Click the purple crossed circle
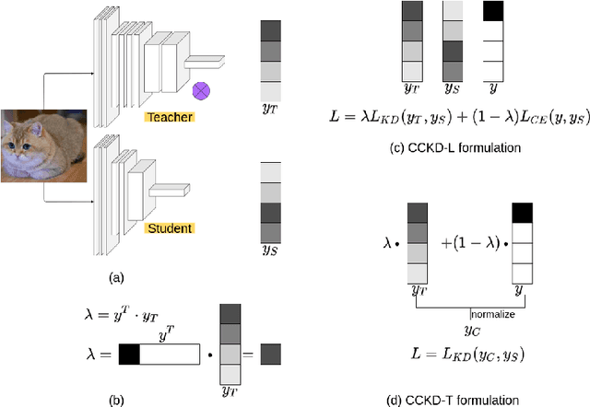click(x=200, y=91)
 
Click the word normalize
click(x=492, y=314)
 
